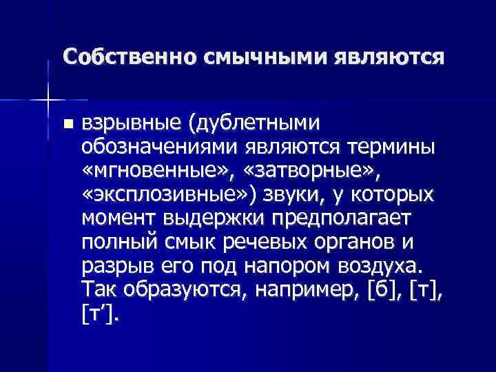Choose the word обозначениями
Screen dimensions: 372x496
[156, 147]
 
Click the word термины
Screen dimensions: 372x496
[391, 147]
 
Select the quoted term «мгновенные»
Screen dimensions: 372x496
[158, 171]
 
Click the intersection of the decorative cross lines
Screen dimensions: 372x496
[47, 100]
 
